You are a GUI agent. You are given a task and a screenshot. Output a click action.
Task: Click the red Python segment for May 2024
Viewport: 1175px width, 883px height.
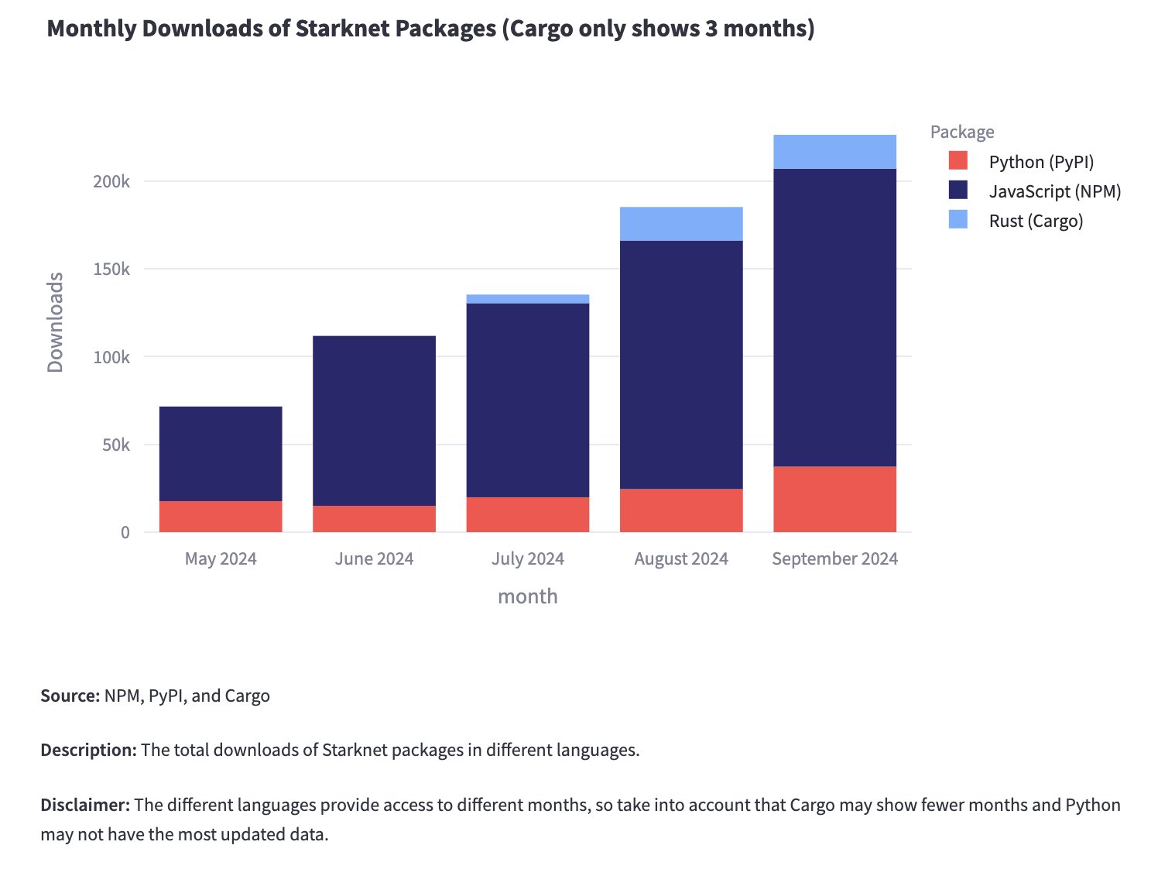221,517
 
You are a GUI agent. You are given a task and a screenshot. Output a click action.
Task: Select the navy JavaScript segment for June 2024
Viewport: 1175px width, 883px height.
374,421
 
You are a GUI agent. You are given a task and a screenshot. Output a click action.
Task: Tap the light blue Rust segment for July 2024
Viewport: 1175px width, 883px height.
527,299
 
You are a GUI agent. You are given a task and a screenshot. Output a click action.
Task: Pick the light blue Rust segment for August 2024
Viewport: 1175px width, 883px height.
681,224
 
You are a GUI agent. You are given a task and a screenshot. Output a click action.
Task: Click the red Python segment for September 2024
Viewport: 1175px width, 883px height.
834,499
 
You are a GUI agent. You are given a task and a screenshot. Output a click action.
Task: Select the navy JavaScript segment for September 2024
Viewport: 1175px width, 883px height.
834,318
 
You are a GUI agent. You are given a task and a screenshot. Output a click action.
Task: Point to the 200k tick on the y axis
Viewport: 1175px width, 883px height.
111,181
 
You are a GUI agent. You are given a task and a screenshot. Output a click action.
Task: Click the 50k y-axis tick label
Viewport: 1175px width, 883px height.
115,445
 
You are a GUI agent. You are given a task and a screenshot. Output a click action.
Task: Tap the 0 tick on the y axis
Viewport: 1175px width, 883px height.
125,533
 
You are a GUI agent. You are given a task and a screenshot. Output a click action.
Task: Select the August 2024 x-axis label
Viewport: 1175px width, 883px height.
681,559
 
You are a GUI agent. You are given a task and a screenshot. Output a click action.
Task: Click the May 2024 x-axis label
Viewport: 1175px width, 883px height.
221,559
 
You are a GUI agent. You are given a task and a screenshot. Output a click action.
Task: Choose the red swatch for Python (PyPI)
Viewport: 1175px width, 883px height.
958,161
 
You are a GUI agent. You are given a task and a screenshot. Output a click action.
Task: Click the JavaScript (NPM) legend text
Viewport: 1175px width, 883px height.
1055,191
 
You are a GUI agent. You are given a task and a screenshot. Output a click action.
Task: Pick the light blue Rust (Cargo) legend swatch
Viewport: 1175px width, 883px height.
958,220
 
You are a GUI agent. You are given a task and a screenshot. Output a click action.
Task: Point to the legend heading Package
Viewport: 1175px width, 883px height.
962,132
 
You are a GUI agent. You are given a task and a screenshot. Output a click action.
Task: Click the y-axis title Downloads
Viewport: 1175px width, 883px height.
55,322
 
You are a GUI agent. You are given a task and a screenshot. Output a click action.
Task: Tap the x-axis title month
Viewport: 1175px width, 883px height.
527,596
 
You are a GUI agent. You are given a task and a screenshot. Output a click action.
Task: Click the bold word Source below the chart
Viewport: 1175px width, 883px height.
70,696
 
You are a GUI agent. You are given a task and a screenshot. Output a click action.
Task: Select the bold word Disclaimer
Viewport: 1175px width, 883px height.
84,805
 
